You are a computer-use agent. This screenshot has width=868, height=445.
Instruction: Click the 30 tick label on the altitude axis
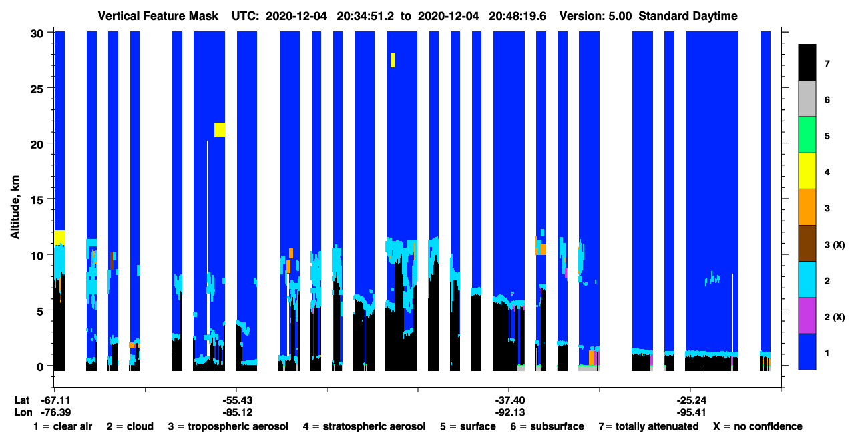(37, 34)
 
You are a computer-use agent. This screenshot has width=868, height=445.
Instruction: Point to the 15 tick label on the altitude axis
(37, 199)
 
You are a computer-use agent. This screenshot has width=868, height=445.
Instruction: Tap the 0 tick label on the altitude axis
(40, 366)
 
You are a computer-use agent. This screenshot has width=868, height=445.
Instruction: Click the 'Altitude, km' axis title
(15, 207)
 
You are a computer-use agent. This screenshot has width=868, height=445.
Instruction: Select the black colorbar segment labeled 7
(807, 62)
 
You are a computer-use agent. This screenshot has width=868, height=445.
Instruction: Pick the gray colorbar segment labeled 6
(807, 99)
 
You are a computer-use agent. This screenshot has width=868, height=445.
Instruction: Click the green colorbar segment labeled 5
(807, 135)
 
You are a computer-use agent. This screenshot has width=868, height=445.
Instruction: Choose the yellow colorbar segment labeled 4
(807, 171)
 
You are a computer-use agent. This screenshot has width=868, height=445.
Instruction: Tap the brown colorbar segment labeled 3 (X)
(807, 244)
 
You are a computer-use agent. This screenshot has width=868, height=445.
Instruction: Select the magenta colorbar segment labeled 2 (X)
(807, 316)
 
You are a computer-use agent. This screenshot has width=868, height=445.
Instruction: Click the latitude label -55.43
(238, 400)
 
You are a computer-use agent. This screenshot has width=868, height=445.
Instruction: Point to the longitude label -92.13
(510, 412)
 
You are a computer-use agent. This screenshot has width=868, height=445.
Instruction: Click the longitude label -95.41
(692, 412)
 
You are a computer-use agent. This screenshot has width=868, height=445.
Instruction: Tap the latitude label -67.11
(56, 400)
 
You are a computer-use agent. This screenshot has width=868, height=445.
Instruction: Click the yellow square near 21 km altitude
(220, 130)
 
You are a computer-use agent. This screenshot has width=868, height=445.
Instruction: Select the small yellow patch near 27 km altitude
(393, 61)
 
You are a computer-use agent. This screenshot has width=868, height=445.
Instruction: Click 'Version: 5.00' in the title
(596, 16)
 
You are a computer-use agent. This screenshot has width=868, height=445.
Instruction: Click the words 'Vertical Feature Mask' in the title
(158, 16)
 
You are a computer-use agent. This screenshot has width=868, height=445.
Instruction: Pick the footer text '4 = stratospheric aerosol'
(365, 426)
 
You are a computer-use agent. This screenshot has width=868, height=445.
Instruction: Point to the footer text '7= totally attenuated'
(649, 426)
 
